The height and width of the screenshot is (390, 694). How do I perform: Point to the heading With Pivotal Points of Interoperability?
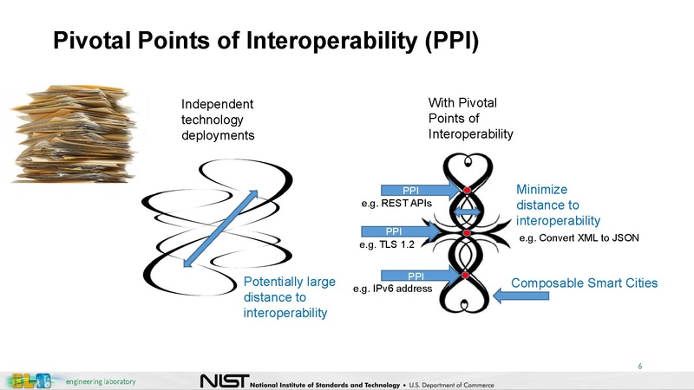coord(471,119)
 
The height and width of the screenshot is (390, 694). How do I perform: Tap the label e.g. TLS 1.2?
coord(388,245)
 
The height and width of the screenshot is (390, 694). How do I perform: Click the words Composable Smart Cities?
coord(585,283)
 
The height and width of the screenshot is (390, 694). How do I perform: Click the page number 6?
coord(639,366)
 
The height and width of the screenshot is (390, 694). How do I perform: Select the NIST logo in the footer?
coord(224,381)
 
